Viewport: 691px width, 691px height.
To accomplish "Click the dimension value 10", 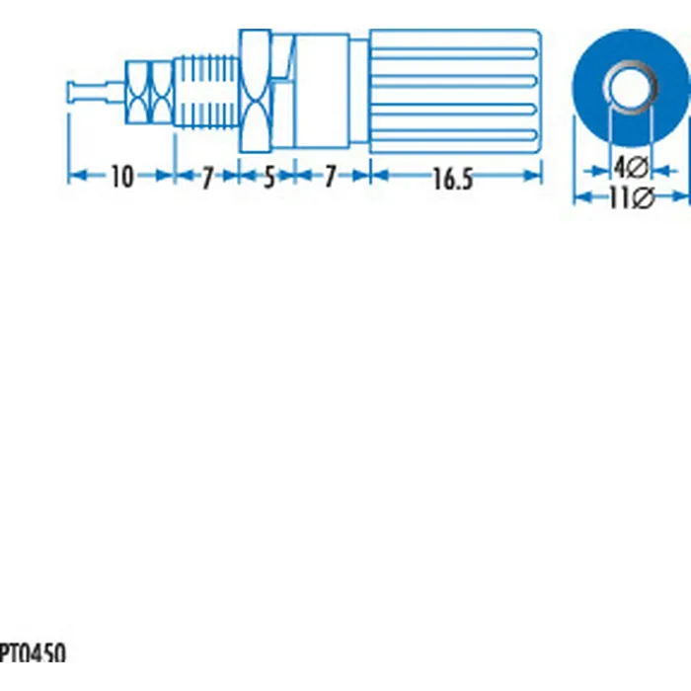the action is click(x=121, y=177).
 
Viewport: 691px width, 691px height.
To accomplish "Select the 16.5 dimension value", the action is click(x=453, y=179).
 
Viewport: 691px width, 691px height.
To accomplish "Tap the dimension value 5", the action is click(x=269, y=178).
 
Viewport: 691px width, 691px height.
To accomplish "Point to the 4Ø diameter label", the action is click(x=631, y=168).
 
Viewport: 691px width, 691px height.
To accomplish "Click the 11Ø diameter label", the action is click(x=632, y=197).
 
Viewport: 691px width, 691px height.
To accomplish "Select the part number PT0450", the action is click(x=33, y=653).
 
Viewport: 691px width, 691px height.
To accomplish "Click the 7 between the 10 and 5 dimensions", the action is click(x=207, y=178).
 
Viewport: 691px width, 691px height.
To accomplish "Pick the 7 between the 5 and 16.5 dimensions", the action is click(x=331, y=177).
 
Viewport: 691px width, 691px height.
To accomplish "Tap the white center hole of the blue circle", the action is click(x=630, y=87).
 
